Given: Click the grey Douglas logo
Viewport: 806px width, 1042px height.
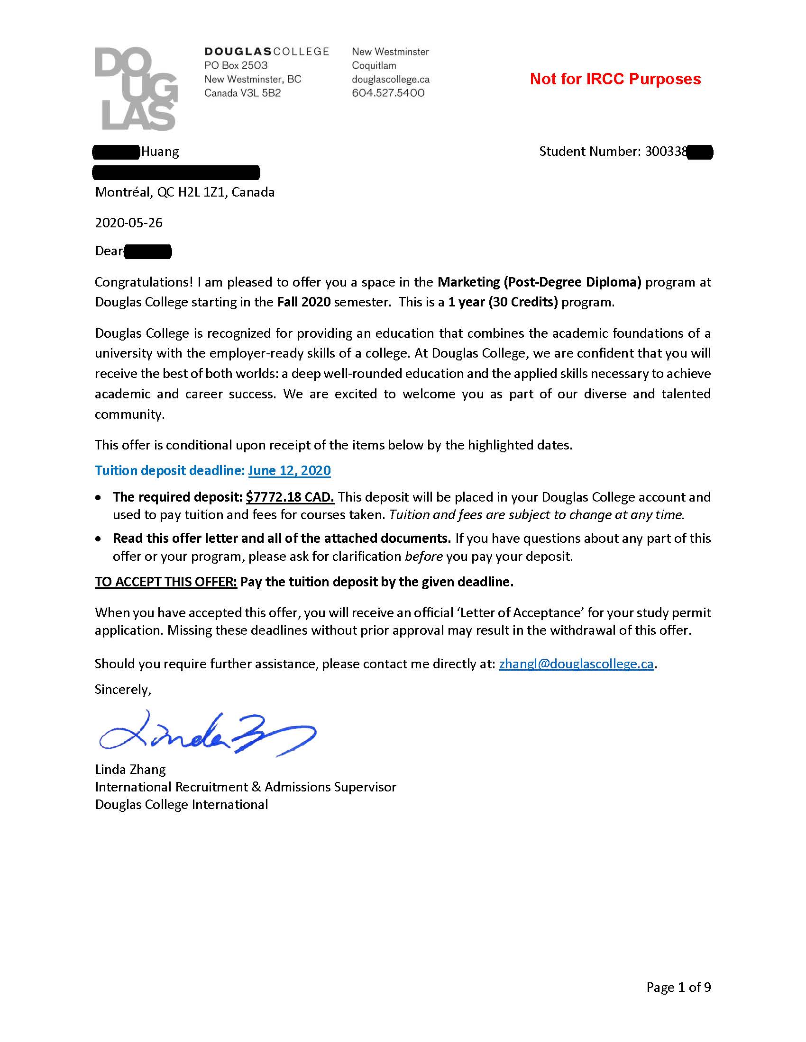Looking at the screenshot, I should pos(136,89).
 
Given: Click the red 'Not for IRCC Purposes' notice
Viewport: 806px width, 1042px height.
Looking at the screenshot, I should pos(615,79).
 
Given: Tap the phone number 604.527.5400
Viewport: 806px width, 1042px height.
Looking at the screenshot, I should pos(388,93).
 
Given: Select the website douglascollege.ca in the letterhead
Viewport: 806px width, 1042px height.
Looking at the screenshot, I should pos(391,79).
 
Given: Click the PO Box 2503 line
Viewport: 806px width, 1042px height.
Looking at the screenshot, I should pos(236,65).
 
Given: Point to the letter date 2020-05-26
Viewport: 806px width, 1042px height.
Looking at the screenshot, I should pos(129,223).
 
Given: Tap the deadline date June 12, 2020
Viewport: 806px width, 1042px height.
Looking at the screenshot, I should pos(289,470).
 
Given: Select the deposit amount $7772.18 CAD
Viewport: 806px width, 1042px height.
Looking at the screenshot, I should pos(290,497).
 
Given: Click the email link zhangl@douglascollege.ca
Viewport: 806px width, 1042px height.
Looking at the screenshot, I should pos(576,664).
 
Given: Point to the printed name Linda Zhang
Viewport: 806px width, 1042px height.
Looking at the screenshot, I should pos(130,769).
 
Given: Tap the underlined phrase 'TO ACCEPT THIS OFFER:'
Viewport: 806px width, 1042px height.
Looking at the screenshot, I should pos(165,582).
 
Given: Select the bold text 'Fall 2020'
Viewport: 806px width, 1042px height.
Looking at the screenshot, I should pos(304,302).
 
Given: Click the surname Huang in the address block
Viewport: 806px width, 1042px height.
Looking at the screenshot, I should pos(160,152).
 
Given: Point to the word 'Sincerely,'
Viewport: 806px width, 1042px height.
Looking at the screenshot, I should pos(123,690).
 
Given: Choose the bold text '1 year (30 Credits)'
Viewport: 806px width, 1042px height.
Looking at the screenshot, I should pos(503,302).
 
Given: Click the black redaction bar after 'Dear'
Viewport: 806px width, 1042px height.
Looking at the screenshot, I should pos(147,251).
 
